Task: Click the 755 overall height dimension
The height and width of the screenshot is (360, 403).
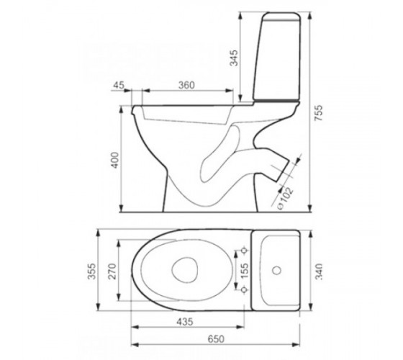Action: click(318, 112)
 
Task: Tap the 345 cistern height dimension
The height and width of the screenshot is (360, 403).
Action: click(235, 58)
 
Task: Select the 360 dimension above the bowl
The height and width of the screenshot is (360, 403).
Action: click(186, 85)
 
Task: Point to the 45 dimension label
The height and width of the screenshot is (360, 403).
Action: click(119, 85)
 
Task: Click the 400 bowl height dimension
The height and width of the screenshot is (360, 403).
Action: click(115, 160)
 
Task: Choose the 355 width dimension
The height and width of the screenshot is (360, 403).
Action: click(91, 271)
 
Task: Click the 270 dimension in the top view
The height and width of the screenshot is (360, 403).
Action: click(112, 271)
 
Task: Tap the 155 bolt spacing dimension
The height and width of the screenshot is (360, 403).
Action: click(245, 270)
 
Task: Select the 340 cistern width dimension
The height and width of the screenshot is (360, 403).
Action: click(319, 271)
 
